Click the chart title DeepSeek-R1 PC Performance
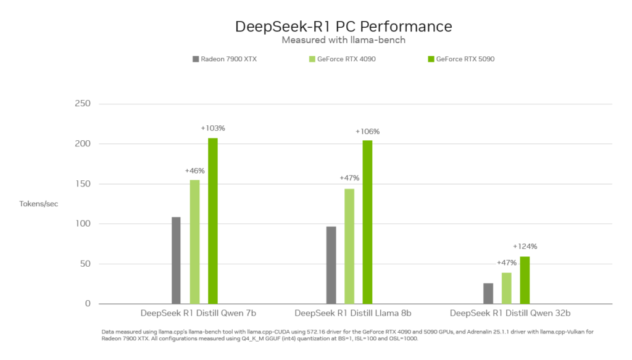[x=343, y=27]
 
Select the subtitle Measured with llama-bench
[x=343, y=40]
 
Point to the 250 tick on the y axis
[x=82, y=104]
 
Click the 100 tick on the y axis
[x=82, y=224]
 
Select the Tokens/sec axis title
[x=38, y=204]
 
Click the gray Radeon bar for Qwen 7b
[x=177, y=260]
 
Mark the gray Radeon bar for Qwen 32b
[x=488, y=293]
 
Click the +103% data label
[x=213, y=128]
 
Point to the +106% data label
[x=368, y=132]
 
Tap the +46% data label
[x=195, y=170]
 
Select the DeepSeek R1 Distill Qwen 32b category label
[x=510, y=312]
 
